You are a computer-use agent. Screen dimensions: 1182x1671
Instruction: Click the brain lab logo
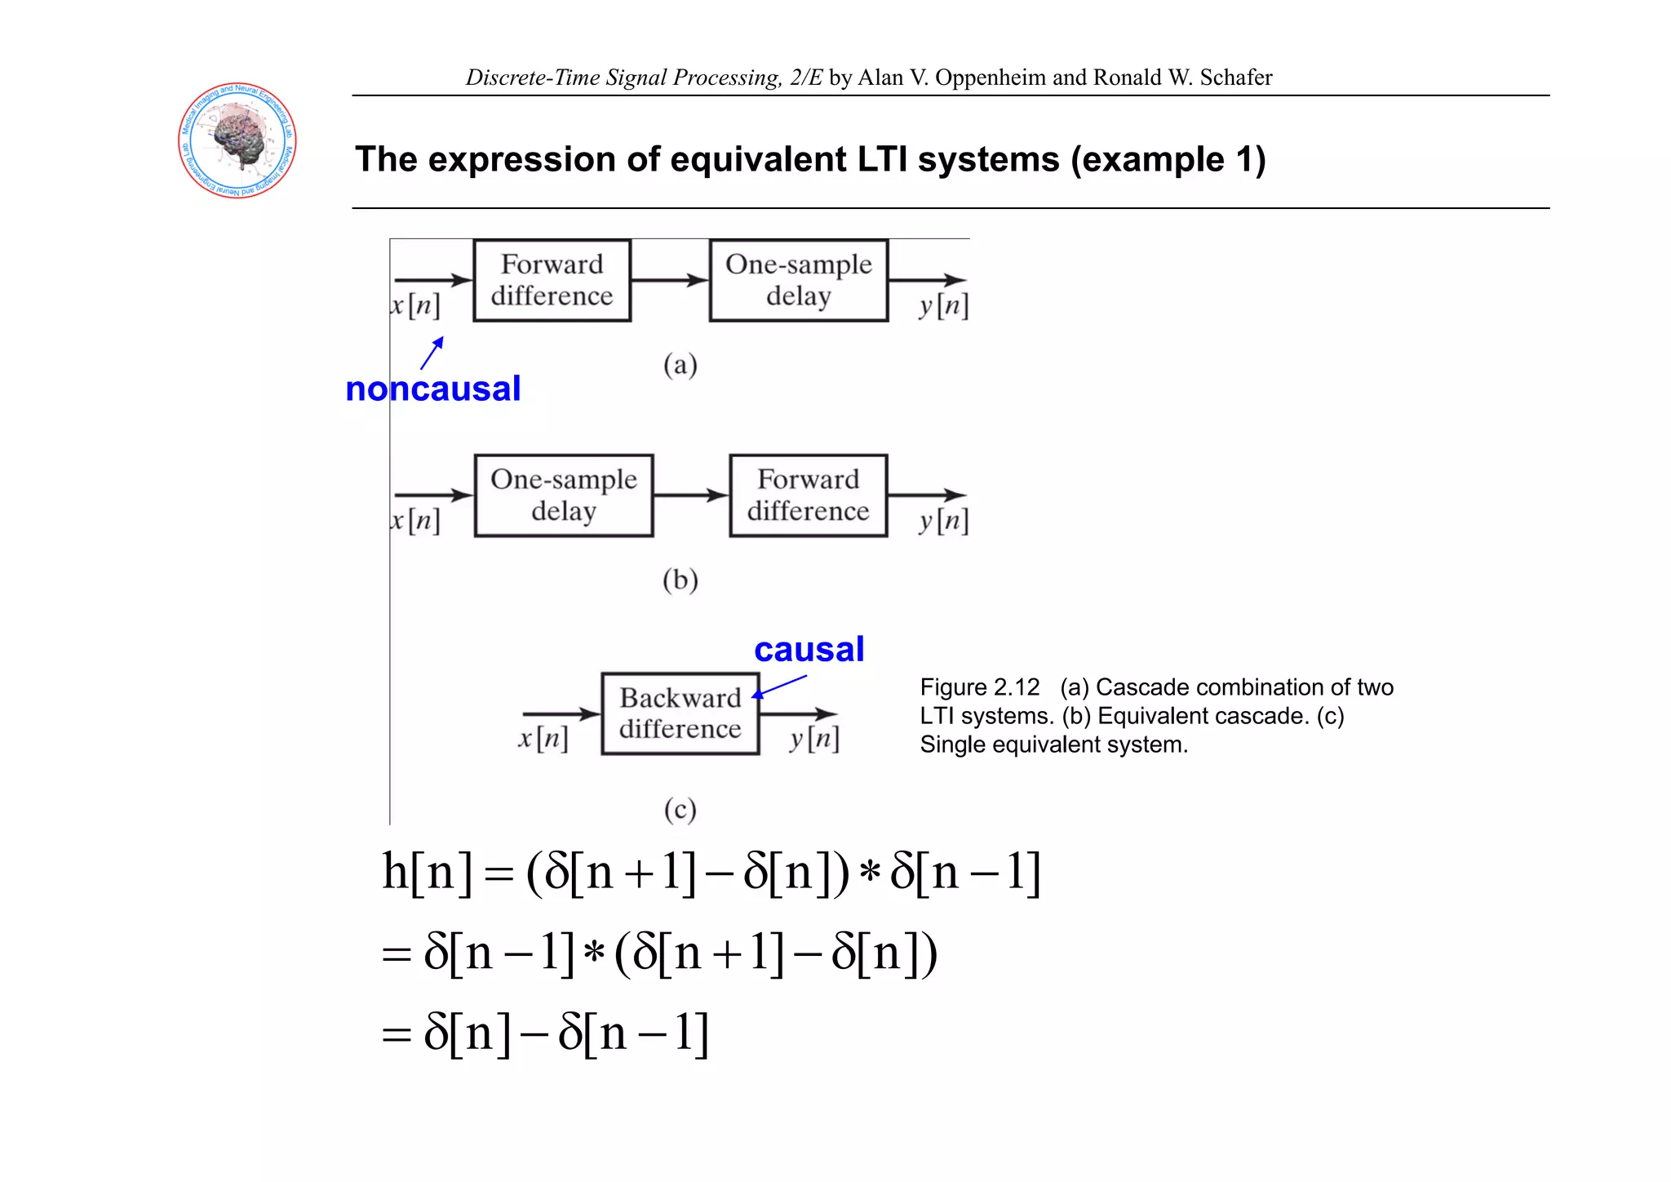tap(237, 140)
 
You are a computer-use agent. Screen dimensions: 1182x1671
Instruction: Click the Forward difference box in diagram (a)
tap(552, 280)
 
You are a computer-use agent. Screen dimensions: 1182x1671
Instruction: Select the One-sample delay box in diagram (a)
tap(798, 280)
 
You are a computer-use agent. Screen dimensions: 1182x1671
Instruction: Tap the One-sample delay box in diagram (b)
tap(563, 495)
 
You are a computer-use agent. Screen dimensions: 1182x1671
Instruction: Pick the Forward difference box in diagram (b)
tap(808, 495)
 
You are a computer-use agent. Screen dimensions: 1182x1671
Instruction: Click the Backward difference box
tap(680, 713)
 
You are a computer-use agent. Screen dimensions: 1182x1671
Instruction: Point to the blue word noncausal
tap(432, 389)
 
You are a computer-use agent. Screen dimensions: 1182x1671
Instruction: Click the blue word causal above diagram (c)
tap(809, 650)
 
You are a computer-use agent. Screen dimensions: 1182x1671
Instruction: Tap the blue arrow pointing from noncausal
tap(432, 353)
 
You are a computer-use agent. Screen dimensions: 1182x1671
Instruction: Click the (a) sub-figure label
tap(680, 364)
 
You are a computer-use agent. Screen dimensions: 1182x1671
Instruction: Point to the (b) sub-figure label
tap(680, 580)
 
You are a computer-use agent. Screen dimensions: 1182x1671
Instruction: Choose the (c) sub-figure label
tap(680, 810)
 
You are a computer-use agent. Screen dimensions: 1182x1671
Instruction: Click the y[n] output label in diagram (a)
tap(943, 306)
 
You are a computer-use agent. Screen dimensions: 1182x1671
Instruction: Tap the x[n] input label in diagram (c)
tap(543, 739)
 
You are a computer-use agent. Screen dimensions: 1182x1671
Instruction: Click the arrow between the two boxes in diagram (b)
tap(690, 495)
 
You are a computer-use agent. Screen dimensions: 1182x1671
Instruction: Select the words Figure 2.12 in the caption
tap(980, 687)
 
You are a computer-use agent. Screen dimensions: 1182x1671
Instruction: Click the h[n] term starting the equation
tap(427, 872)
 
